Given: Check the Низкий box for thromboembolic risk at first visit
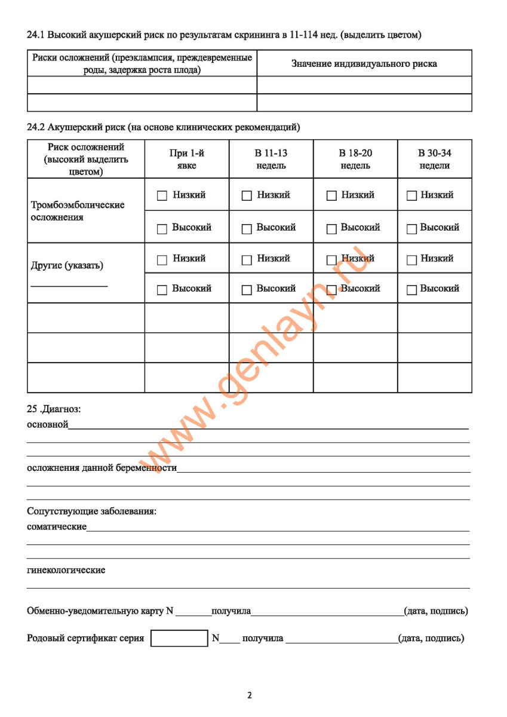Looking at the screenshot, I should tap(162, 196).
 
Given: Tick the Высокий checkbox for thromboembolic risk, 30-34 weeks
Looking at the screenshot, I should tap(411, 228).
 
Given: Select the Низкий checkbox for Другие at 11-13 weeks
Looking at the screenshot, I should tap(246, 260).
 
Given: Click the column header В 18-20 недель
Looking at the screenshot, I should tap(355, 159).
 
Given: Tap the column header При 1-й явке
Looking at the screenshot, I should tap(186, 159).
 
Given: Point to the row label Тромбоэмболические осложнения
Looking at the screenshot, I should tap(78, 211).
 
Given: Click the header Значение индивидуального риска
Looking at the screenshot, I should tap(364, 63).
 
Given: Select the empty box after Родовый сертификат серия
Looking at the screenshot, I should tap(179, 638).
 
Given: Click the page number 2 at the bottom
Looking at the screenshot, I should tap(250, 695).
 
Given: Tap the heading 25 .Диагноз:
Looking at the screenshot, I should tap(54, 410).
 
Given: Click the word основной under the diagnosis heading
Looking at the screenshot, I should tap(48, 425).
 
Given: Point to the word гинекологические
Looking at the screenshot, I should tap(66, 570).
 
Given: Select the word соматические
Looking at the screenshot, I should tap(57, 527).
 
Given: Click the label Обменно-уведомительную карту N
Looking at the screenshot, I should tap(100, 611).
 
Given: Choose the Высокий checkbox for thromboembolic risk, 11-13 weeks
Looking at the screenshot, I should tap(246, 228).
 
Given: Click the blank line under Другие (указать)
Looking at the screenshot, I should tap(69, 286).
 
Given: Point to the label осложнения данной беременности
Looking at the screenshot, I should tap(102, 468).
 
